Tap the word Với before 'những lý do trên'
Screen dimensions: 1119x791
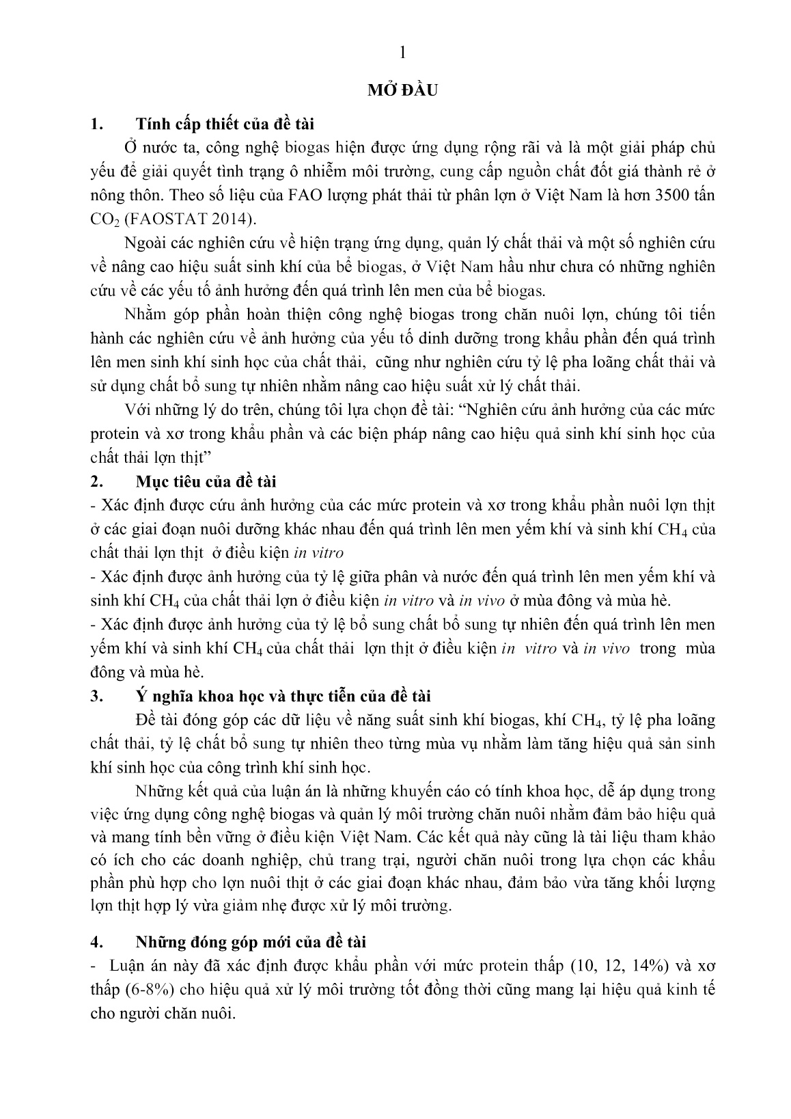139,409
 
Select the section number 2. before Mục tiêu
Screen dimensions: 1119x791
96,481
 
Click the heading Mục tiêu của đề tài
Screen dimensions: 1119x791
206,481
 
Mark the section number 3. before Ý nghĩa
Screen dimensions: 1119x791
96,696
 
